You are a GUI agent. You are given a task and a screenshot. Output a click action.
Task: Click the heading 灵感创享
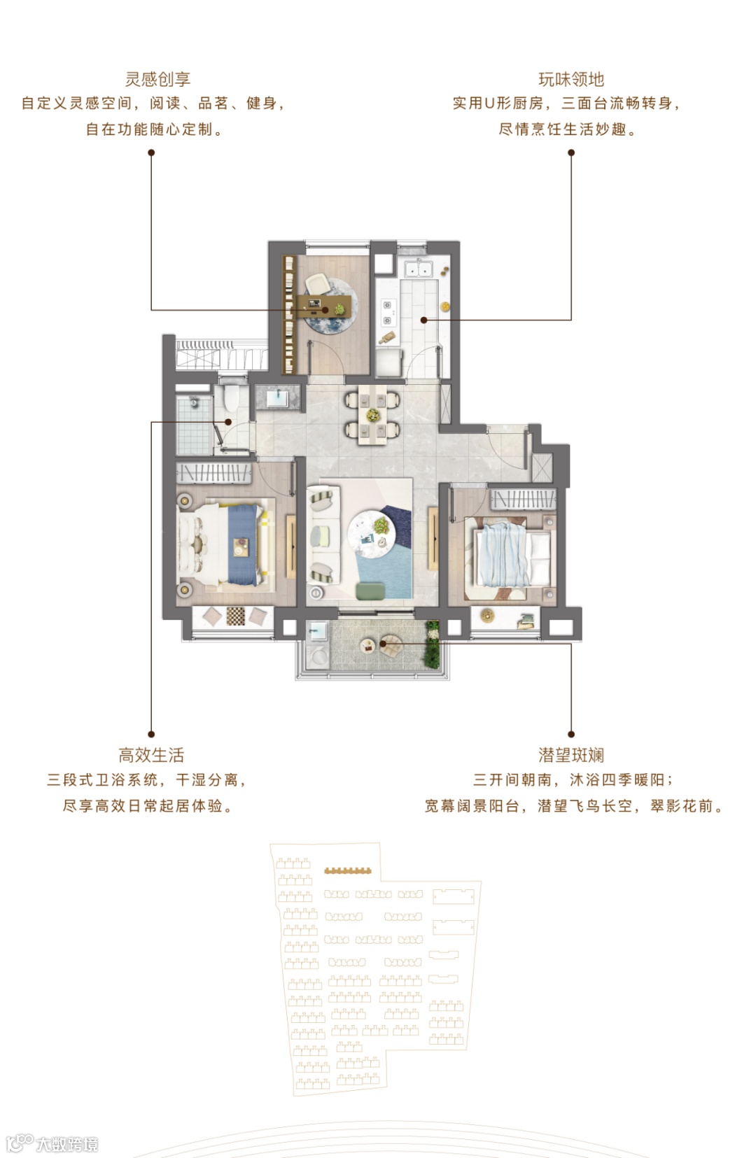157,79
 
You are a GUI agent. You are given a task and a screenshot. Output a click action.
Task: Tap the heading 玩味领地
571,79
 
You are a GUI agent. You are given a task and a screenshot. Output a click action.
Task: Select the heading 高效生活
151,755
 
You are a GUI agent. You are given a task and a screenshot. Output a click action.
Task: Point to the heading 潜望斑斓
571,755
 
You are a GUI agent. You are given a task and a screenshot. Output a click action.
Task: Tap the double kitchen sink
419,269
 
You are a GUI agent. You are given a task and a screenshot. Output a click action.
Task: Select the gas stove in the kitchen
387,313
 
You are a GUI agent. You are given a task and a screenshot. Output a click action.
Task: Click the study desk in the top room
323,306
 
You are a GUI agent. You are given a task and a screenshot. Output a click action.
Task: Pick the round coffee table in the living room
371,532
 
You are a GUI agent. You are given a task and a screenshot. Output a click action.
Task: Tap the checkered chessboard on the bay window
236,616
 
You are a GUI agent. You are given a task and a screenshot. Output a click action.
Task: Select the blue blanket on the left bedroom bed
243,544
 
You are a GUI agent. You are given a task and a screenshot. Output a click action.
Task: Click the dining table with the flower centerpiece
372,415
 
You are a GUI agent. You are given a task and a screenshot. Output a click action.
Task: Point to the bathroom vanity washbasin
278,398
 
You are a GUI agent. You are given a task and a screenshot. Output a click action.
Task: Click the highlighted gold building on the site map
347,870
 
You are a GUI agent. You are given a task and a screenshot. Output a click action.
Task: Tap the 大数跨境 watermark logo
52,1143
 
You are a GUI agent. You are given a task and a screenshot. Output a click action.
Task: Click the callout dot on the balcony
383,644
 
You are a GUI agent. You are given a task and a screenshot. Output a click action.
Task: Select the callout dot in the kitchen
424,320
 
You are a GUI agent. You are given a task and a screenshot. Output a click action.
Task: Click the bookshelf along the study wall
288,314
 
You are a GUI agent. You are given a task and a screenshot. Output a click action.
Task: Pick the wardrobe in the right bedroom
523,500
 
